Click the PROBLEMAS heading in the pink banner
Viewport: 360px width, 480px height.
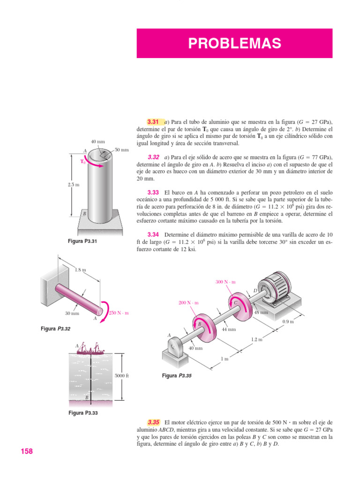click(234, 44)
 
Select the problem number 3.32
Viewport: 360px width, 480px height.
click(153, 157)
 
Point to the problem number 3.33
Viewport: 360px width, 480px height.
click(153, 193)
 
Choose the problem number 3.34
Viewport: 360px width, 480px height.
click(153, 235)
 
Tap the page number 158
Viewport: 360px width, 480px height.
click(27, 451)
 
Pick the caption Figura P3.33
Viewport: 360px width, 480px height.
click(84, 413)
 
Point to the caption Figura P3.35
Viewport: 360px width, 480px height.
click(177, 376)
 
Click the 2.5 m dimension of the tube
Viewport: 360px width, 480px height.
click(74, 184)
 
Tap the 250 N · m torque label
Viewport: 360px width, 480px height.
click(119, 313)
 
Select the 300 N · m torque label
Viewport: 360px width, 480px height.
click(225, 282)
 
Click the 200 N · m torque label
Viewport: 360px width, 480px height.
click(189, 303)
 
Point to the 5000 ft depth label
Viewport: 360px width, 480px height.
click(121, 376)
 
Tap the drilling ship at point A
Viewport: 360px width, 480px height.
click(90, 348)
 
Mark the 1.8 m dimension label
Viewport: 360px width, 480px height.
click(80, 270)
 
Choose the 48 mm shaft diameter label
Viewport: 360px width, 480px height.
click(261, 312)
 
